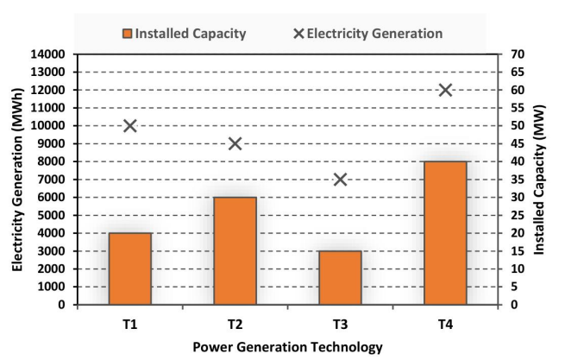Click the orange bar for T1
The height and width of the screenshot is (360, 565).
pos(130,268)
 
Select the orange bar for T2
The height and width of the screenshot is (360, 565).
pos(235,250)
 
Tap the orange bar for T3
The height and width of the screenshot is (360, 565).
pos(340,277)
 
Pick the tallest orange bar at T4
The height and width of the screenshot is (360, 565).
pos(445,233)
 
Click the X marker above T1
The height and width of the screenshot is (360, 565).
pos(130,125)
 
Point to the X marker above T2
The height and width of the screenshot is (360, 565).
pos(235,143)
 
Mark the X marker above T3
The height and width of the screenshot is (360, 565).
pos(340,180)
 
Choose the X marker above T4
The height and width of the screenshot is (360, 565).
pos(445,90)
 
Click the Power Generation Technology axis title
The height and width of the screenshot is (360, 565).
pos(286,348)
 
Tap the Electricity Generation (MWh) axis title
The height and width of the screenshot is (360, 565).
pos(16,179)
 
